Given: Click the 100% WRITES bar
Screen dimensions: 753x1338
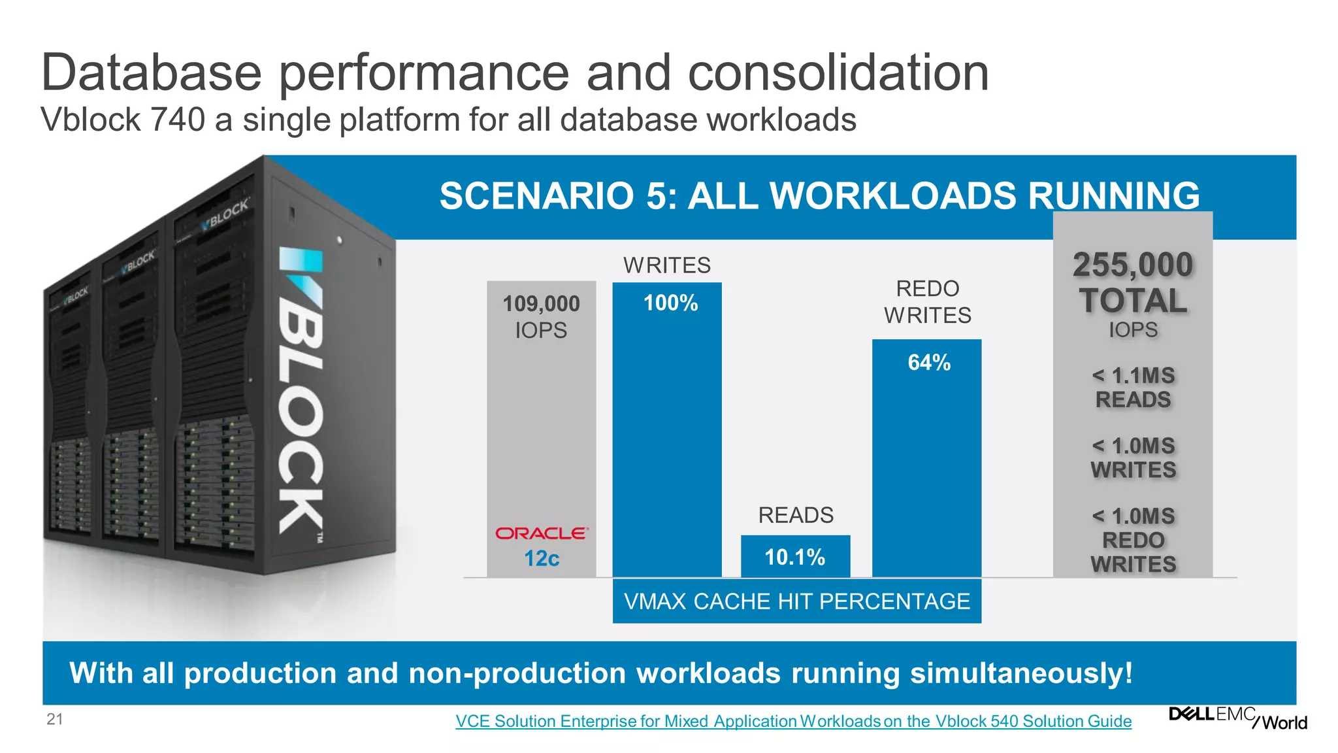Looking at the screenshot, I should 666,431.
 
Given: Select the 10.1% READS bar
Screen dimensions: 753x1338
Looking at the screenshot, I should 795,556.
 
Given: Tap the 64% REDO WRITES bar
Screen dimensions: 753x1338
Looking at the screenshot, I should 926,458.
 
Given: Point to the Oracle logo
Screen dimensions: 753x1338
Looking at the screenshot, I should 542,533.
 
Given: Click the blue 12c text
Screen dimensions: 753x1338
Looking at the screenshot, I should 542,558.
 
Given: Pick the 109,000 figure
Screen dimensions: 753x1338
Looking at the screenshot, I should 541,303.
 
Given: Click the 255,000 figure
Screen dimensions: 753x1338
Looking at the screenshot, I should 1133,265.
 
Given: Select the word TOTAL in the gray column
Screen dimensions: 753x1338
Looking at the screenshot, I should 1133,301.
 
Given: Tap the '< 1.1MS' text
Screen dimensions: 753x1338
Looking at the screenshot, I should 1133,376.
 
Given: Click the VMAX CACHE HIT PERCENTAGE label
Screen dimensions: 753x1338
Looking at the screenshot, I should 796,601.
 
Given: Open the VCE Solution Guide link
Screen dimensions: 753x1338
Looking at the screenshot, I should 793,721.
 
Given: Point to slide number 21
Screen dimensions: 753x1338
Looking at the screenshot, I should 55,720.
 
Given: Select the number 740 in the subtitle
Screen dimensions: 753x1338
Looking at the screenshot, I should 178,120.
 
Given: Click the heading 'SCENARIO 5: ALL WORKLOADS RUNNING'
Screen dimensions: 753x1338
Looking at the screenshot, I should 819,195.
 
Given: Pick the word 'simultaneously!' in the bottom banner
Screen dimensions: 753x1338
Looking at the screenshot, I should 1021,673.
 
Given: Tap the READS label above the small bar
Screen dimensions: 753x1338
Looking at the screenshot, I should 796,515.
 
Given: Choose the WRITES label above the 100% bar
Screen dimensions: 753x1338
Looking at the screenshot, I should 666,265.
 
